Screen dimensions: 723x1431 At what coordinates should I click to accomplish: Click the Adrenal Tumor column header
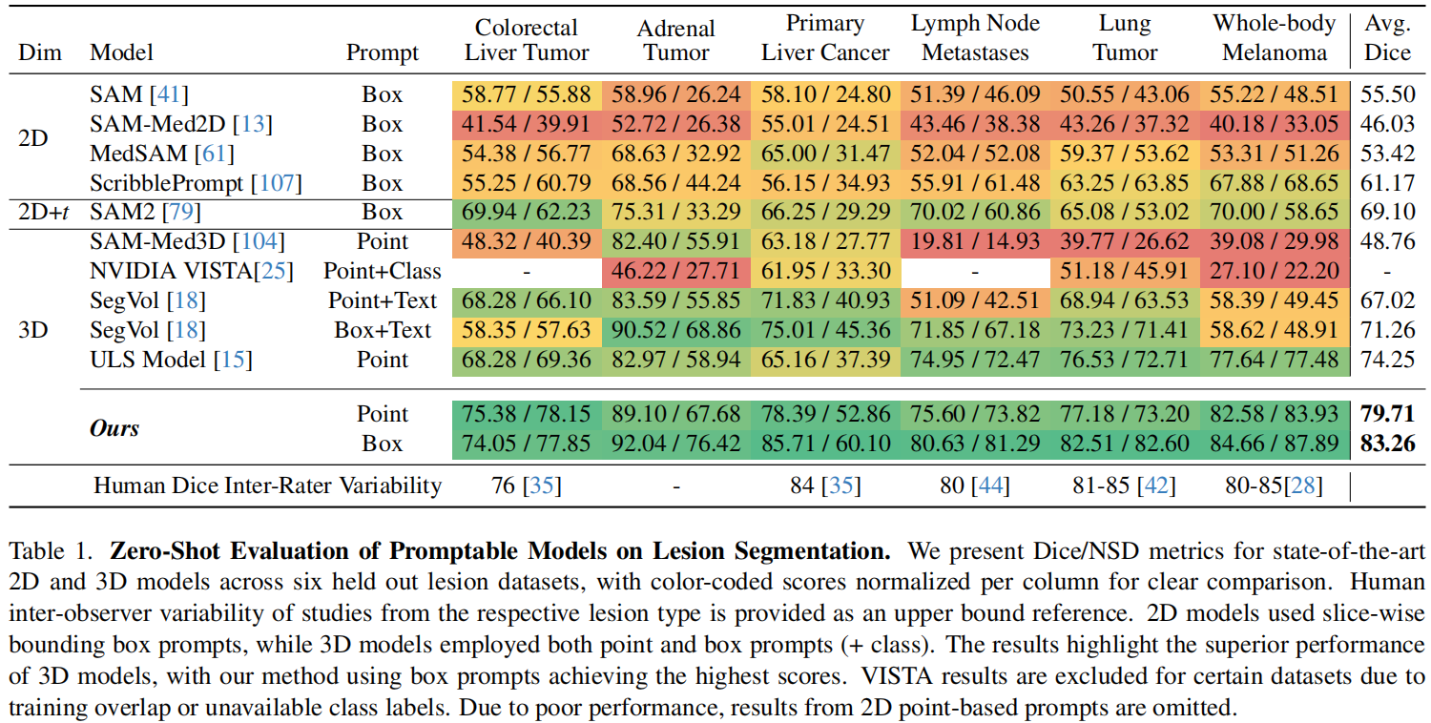pos(675,40)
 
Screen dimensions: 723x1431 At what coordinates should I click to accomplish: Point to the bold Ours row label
pos(114,428)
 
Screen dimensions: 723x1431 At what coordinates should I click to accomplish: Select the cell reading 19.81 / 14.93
pos(975,241)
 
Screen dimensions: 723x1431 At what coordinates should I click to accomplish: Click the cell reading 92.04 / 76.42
pos(675,444)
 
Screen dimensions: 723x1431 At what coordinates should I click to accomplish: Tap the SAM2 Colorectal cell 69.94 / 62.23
pos(527,212)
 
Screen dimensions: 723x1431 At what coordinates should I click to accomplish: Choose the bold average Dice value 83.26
pos(1387,444)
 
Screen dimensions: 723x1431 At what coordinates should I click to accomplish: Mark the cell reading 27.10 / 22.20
pos(1275,271)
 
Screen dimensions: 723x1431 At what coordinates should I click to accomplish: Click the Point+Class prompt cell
pos(381,271)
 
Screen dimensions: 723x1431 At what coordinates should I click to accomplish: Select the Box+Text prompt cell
pos(382,330)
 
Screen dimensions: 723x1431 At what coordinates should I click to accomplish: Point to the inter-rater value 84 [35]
pos(825,485)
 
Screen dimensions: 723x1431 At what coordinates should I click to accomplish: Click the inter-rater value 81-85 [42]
pos(1125,485)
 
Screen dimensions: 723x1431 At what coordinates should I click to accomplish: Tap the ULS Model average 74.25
pos(1387,360)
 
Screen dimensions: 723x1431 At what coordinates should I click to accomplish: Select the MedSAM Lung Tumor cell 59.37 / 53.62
pos(1125,153)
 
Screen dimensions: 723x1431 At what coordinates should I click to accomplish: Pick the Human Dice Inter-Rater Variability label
pos(267,485)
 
